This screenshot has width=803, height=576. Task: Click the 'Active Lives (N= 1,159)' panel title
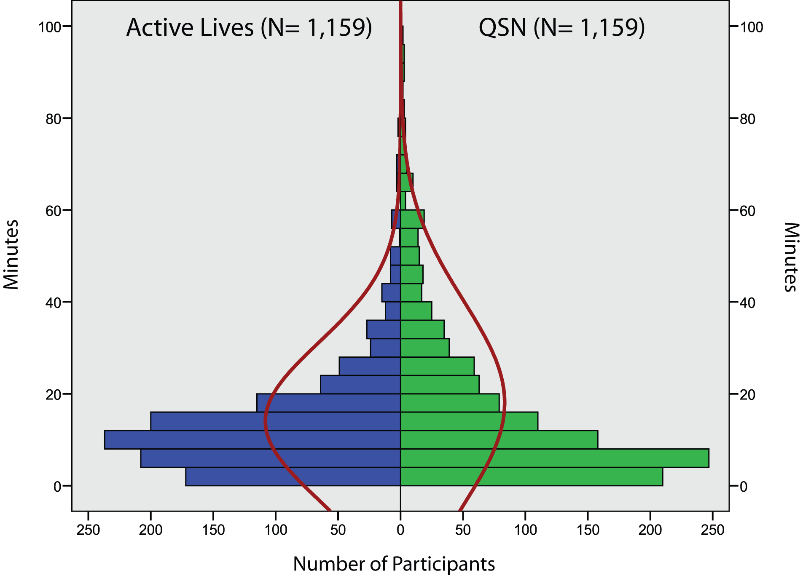click(249, 28)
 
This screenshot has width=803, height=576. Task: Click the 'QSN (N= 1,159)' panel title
click(561, 28)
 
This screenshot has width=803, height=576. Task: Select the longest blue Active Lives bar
click(252, 439)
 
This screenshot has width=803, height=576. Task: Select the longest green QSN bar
click(554, 458)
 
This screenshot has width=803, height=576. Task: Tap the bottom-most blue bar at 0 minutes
click(293, 477)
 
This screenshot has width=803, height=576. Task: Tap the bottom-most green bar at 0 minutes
click(531, 477)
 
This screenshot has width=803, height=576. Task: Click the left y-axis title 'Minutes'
click(11, 255)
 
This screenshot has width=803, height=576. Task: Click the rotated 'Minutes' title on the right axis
click(792, 257)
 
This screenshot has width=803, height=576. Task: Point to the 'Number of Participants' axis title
click(394, 563)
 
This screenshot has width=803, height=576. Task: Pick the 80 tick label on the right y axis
click(748, 119)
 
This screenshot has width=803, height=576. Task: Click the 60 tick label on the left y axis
click(53, 211)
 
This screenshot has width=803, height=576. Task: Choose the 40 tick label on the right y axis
click(748, 303)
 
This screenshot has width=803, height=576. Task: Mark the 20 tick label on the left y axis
click(53, 395)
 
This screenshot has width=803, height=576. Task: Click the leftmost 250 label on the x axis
click(88, 530)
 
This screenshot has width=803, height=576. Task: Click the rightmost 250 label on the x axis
click(712, 530)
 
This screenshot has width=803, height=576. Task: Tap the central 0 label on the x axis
click(400, 530)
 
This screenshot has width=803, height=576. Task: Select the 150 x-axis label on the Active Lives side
click(213, 530)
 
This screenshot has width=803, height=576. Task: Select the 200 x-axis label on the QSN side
click(650, 530)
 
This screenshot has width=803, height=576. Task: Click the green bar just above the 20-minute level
click(440, 384)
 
